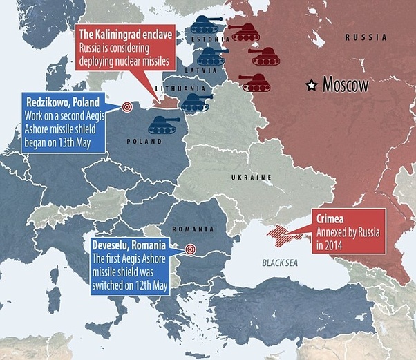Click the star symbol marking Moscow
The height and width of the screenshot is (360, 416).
point(313,85)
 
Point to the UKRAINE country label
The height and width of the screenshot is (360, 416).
point(250,178)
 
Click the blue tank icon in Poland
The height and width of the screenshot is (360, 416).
point(163,124)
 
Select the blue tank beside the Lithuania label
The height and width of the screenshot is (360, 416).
point(196,103)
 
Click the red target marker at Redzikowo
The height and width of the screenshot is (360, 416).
point(126,107)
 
